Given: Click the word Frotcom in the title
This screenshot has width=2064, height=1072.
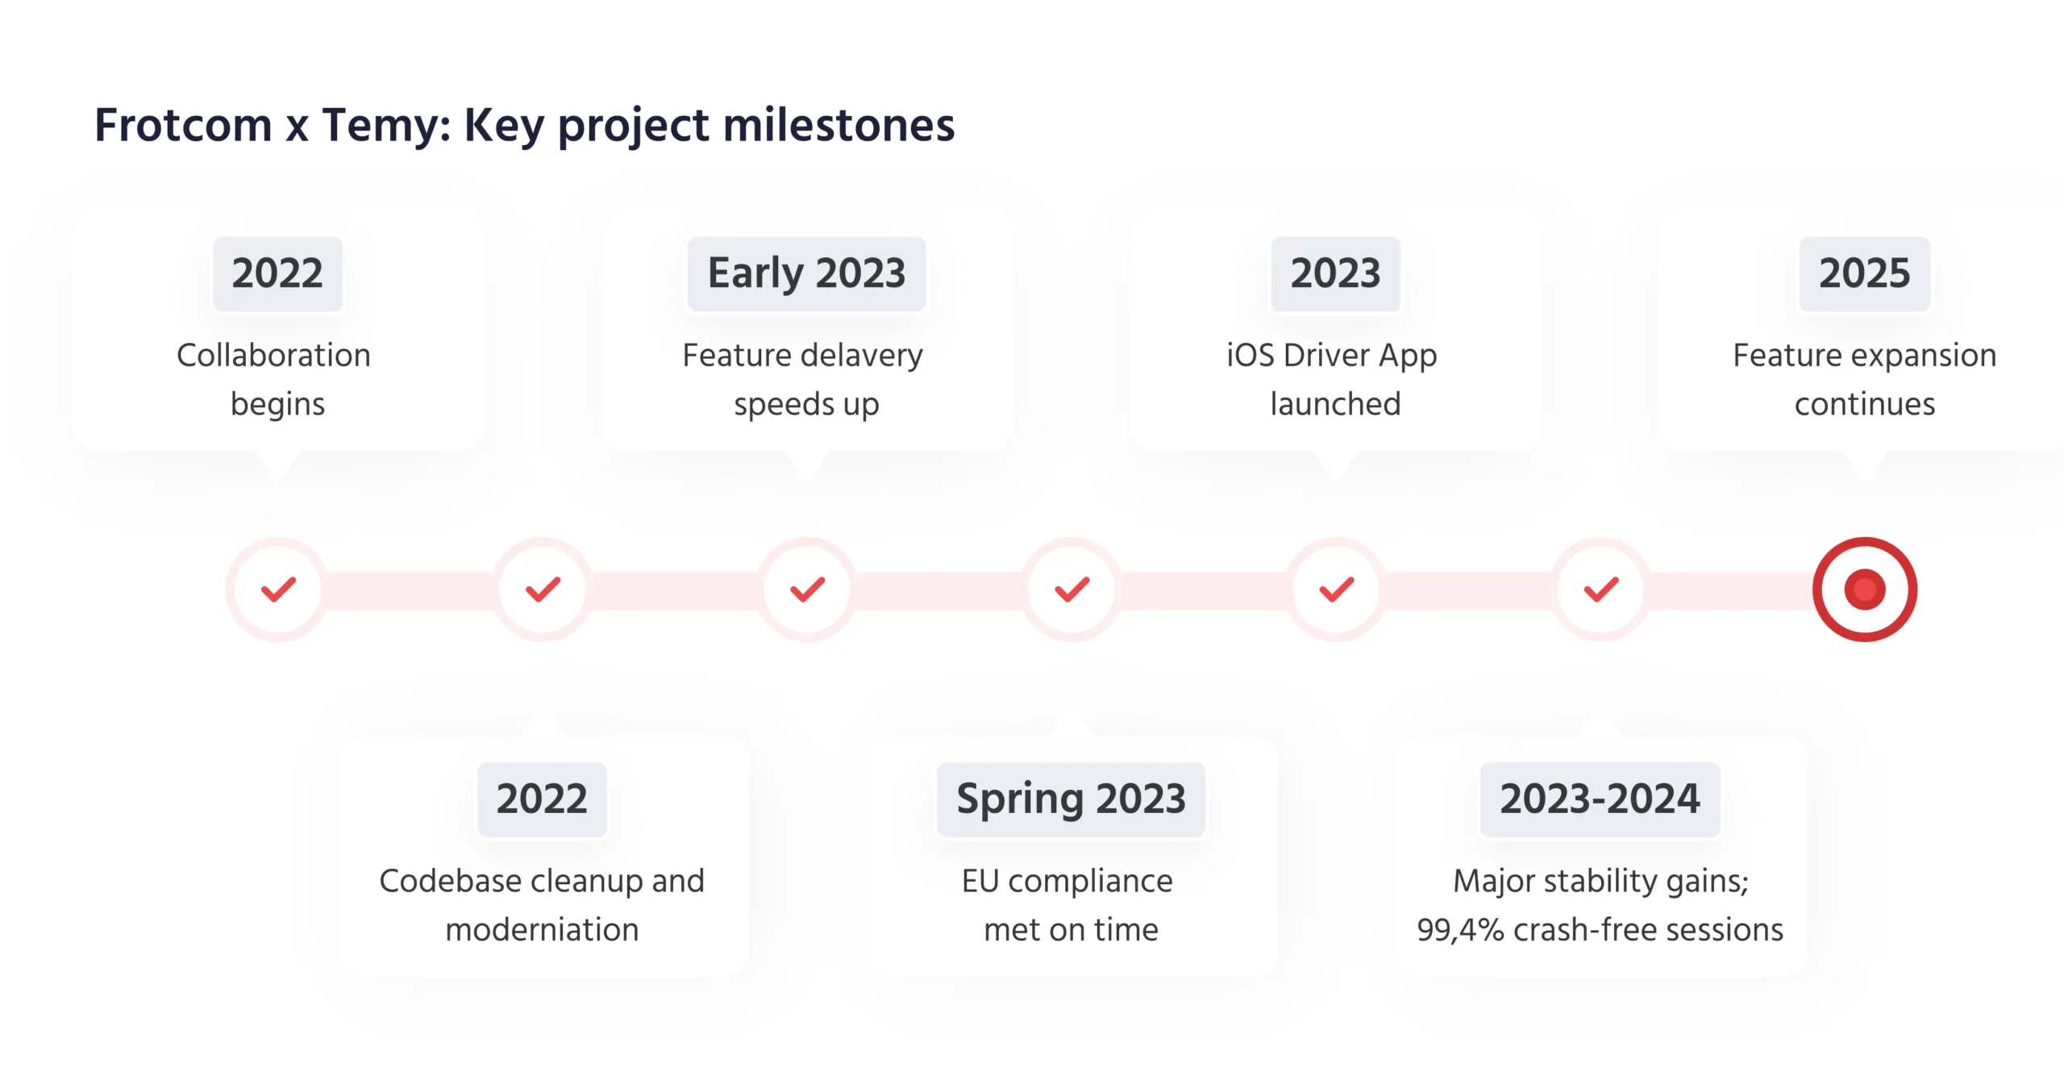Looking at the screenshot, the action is [x=183, y=125].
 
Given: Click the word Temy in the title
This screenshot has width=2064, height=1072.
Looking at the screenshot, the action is [x=386, y=127].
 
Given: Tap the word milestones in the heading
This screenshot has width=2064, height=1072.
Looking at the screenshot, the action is [x=838, y=125].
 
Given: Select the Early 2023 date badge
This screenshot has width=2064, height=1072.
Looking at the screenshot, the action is [x=806, y=273].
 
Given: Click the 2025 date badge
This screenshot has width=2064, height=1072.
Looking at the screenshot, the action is [x=1864, y=273].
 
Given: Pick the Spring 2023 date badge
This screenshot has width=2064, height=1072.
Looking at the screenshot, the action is [x=1071, y=799].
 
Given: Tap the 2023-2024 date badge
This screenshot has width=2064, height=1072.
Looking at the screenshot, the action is [x=1600, y=799].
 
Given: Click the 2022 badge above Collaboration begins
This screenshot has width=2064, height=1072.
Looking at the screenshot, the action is [x=277, y=273].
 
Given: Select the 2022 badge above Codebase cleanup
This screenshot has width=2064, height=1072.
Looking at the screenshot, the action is [x=542, y=799].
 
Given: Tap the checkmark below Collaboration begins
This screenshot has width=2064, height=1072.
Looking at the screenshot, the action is [x=278, y=590].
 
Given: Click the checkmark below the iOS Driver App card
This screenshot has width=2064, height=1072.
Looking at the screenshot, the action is [x=1336, y=590].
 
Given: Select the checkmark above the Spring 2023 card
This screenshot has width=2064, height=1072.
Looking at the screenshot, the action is [x=1072, y=590].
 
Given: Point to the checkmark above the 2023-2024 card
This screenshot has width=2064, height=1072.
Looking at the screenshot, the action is [x=1600, y=590].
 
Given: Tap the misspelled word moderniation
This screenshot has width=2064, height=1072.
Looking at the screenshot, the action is [x=542, y=930].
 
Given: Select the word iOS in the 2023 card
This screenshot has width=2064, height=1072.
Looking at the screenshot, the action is [x=1250, y=356].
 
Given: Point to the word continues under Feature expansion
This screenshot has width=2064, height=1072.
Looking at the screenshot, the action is [x=1865, y=404].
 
